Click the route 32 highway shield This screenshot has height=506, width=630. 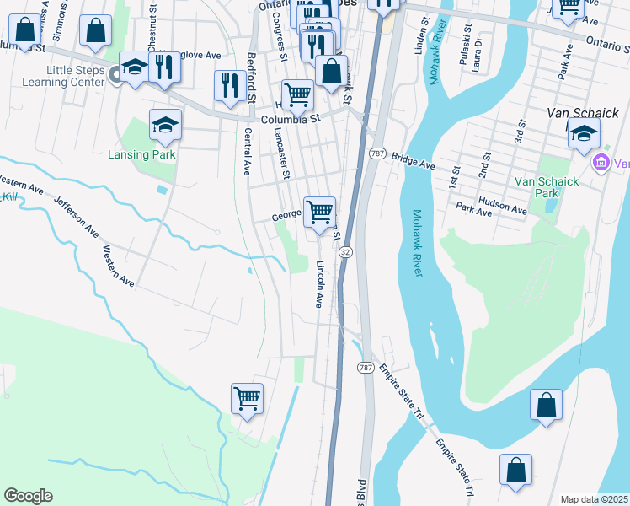(345, 252)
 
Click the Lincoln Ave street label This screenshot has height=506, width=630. (320, 283)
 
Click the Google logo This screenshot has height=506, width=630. (28, 496)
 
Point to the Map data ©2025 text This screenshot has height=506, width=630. (594, 499)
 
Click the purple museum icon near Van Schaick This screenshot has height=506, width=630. (602, 162)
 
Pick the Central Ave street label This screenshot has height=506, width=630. (248, 151)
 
